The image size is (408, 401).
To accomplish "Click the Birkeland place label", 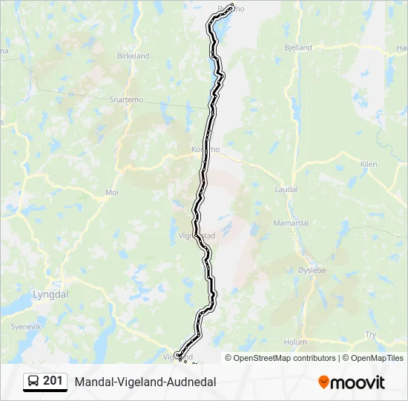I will pos(134,56).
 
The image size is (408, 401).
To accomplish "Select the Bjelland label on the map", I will pos(297,48).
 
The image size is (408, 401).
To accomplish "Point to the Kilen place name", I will pos(369,164).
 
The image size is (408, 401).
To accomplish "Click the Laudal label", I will pos(286,189).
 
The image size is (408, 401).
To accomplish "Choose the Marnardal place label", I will pos(291,223).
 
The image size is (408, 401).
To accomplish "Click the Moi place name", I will pos(112,192).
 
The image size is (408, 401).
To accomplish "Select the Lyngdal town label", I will pos(50,294).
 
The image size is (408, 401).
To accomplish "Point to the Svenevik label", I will pos(26,327).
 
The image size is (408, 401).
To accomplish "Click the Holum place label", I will pos(295,342).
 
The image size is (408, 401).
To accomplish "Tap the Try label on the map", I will pos(371,335).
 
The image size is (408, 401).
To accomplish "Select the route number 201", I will pos(53,381).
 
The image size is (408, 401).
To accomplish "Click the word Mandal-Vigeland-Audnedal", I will pos(145,382).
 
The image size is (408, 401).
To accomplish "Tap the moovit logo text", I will pos(358,382).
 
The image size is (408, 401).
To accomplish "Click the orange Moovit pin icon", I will pos(323,382).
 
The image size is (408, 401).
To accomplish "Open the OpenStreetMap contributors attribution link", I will pos(285,358).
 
